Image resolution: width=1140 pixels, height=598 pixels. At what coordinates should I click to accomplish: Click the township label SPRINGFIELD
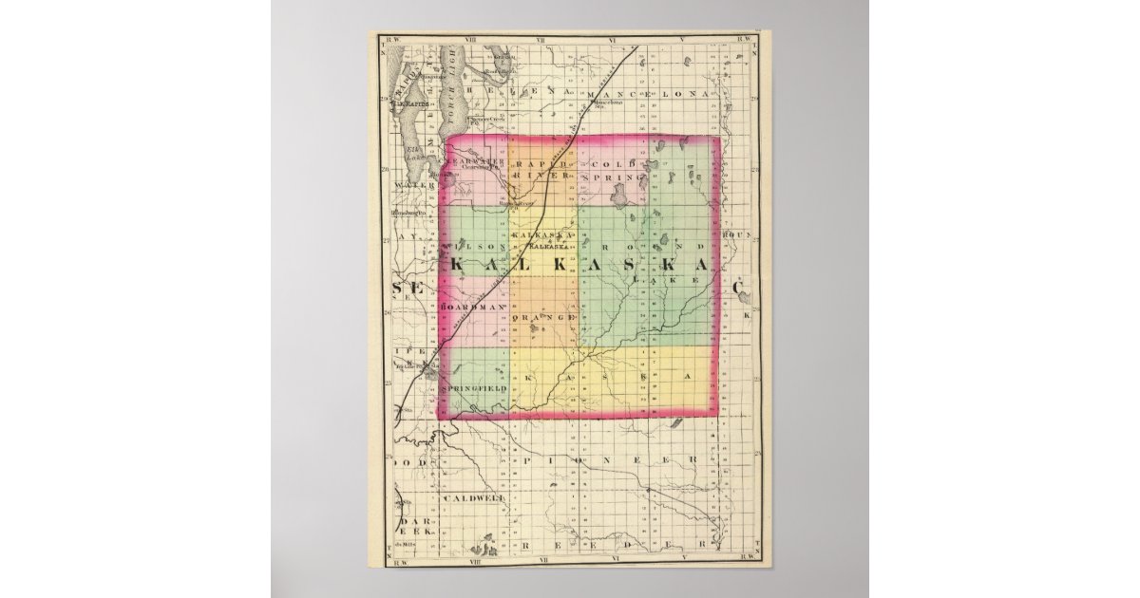tap(480, 388)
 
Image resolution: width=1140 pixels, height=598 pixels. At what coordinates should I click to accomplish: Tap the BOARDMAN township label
tap(472, 308)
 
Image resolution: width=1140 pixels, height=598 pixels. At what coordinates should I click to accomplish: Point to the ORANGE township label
tap(545, 317)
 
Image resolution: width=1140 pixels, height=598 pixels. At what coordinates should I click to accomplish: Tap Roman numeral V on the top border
tap(682, 41)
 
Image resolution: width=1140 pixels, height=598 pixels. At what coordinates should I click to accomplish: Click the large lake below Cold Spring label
tap(619, 196)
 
